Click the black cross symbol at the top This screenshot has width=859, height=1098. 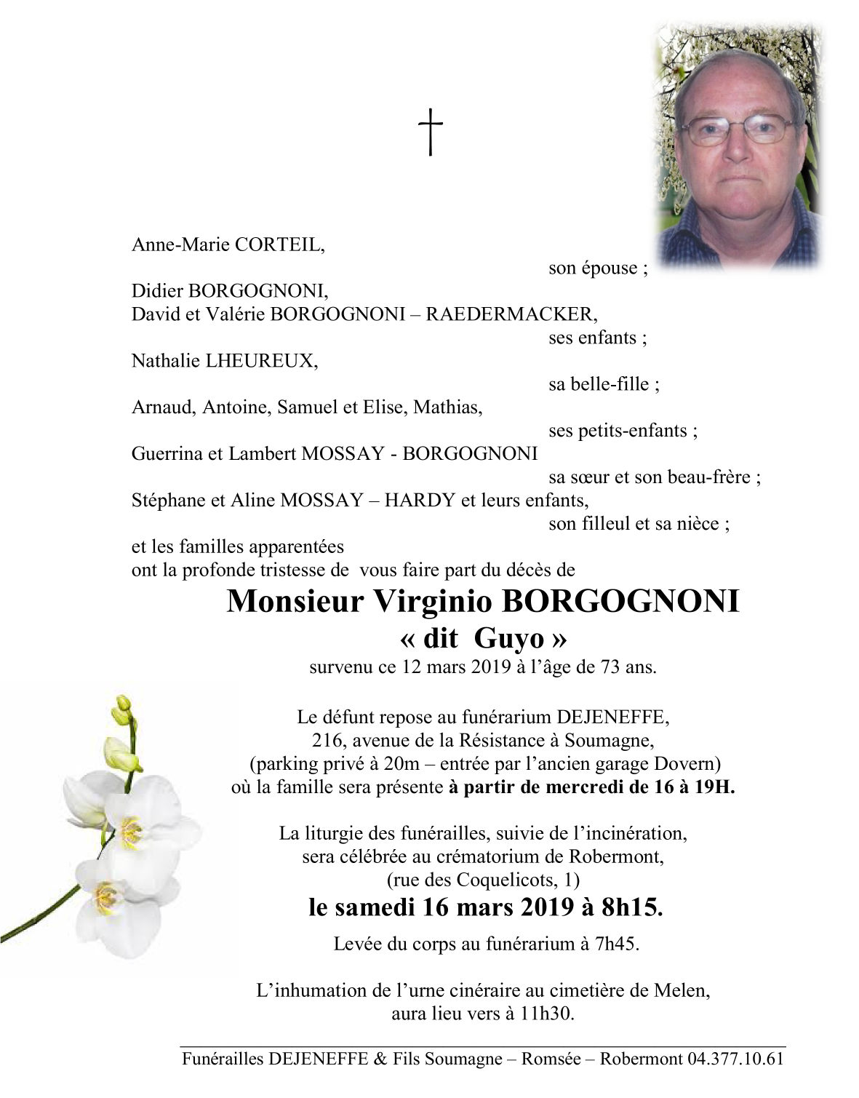pyautogui.click(x=431, y=132)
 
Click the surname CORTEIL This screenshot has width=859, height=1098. pyautogui.click(x=278, y=244)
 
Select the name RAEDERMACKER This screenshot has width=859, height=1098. pyautogui.click(x=509, y=314)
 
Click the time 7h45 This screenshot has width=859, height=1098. pyautogui.click(x=617, y=944)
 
